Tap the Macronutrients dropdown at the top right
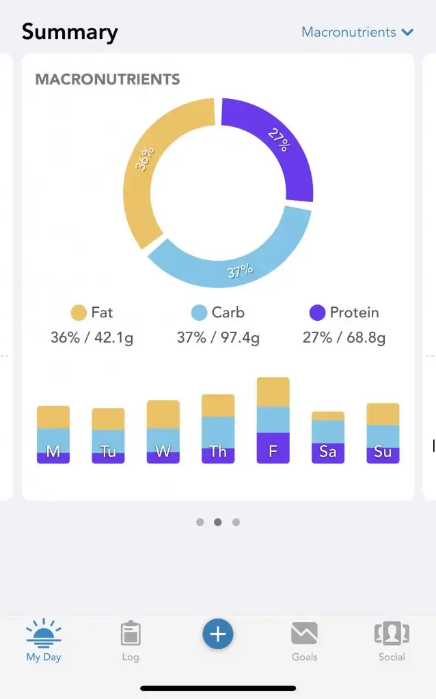pyautogui.click(x=357, y=32)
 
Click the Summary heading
pyautogui.click(x=70, y=32)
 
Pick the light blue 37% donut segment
pyautogui.click(x=232, y=256)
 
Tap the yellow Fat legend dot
pyautogui.click(x=79, y=313)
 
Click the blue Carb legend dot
pyautogui.click(x=199, y=313)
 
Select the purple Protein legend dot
pyautogui.click(x=317, y=313)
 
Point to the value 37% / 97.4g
pyautogui.click(x=218, y=337)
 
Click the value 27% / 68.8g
pyautogui.click(x=344, y=337)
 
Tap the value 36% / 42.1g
pyautogui.click(x=92, y=337)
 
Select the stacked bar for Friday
pyautogui.click(x=273, y=420)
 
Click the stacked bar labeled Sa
pyautogui.click(x=328, y=438)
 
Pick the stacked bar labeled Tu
pyautogui.click(x=108, y=436)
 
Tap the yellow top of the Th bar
pyautogui.click(x=218, y=405)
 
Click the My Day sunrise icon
pyautogui.click(x=44, y=633)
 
